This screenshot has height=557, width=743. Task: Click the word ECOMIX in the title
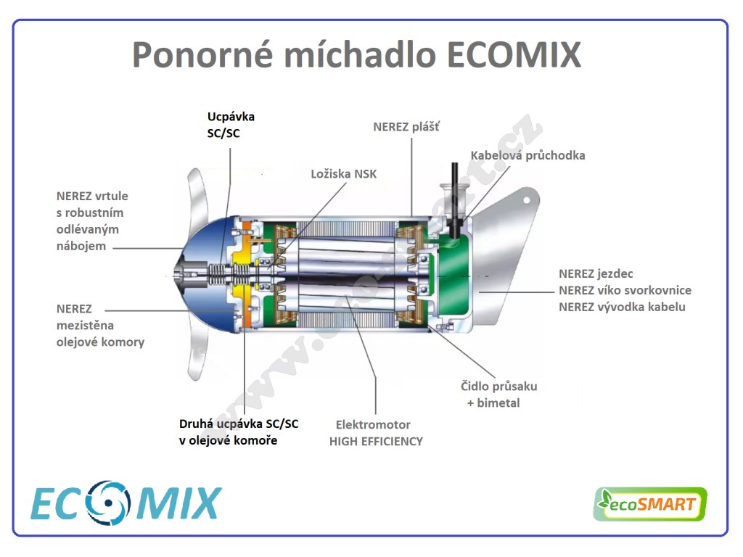(514, 55)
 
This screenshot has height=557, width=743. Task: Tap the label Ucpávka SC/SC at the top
(231, 125)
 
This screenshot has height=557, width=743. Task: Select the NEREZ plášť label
(406, 127)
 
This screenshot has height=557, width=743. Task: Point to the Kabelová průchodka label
(528, 155)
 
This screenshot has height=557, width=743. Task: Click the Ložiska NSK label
(343, 174)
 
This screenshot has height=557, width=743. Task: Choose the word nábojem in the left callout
(81, 247)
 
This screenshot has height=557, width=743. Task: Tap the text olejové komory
(100, 342)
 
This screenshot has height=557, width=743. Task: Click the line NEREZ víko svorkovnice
(625, 290)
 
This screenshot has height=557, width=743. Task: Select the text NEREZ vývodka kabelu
(622, 307)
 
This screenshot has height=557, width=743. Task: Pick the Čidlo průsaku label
(499, 387)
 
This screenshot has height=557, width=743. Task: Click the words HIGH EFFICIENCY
(376, 442)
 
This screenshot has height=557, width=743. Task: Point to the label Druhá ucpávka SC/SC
(239, 424)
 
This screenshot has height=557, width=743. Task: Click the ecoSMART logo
(649, 504)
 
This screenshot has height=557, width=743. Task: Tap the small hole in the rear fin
(526, 200)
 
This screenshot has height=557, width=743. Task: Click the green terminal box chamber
(454, 276)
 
